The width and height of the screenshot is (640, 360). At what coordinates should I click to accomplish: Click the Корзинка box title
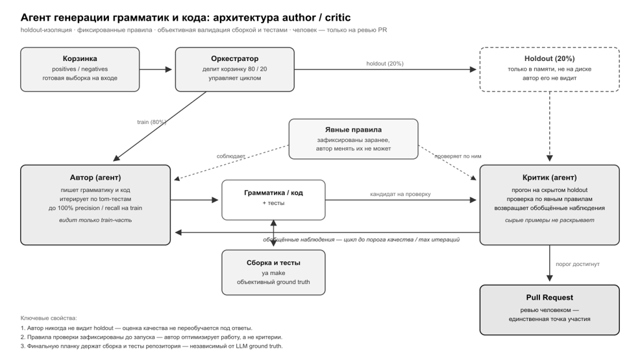click(x=80, y=59)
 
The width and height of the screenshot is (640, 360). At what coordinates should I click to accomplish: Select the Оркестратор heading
click(x=235, y=59)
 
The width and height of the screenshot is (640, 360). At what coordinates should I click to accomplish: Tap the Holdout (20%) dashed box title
click(x=549, y=59)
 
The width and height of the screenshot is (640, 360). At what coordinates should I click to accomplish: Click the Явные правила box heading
click(x=354, y=130)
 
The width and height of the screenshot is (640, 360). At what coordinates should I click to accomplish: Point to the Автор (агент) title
click(x=95, y=178)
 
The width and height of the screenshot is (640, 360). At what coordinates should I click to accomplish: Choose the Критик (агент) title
click(x=549, y=178)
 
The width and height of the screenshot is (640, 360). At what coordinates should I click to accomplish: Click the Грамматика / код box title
click(x=273, y=193)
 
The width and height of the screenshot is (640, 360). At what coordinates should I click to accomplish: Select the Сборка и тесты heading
click(x=273, y=263)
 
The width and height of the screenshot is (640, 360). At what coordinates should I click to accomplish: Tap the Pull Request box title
click(x=549, y=298)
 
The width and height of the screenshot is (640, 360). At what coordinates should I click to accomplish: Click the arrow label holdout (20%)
click(x=385, y=64)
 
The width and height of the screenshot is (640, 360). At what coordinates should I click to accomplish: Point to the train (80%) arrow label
click(x=151, y=122)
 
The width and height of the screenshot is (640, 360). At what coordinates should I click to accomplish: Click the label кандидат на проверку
click(x=400, y=194)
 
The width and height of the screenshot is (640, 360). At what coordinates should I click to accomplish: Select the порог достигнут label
click(x=578, y=264)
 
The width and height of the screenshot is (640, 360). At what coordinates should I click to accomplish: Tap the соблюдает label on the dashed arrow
click(x=231, y=156)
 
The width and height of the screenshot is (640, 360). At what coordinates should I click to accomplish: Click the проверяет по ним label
click(x=458, y=156)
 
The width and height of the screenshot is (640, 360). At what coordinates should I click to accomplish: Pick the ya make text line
click(x=273, y=273)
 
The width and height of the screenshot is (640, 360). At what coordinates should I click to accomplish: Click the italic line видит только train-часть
click(x=95, y=220)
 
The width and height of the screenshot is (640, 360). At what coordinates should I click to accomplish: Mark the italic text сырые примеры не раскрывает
click(x=549, y=220)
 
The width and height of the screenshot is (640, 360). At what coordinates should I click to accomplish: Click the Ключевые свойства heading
click(x=49, y=318)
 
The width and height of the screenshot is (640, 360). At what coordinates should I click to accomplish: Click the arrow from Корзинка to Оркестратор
click(x=156, y=69)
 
